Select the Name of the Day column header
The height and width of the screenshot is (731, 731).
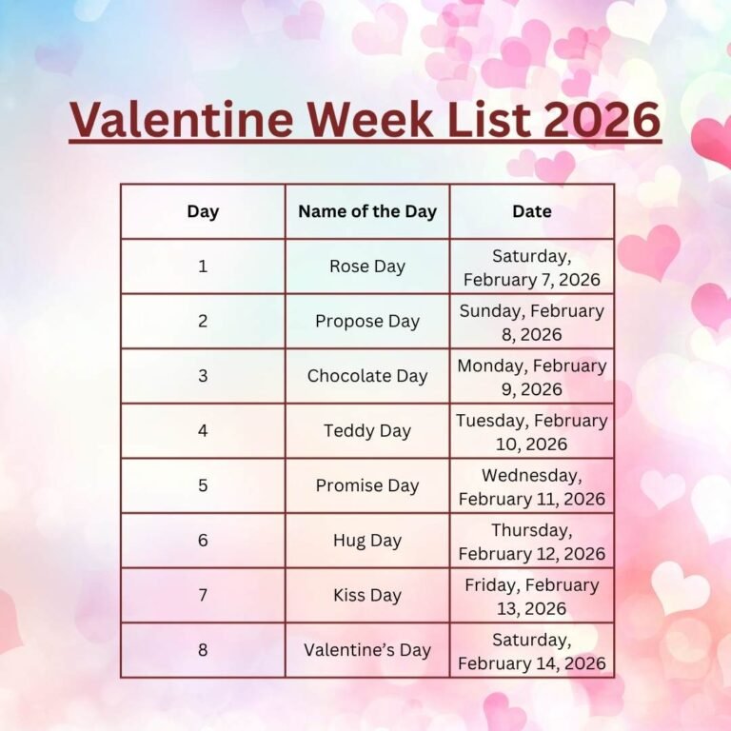(367, 211)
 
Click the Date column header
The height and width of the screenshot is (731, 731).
(532, 211)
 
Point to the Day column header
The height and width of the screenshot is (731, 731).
(203, 211)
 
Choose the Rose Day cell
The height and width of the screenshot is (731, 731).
(367, 267)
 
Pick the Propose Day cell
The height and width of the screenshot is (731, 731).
(367, 322)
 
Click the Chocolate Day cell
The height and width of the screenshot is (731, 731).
(367, 376)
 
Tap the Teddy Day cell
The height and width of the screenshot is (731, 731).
(367, 431)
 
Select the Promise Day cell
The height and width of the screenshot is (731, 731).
(367, 485)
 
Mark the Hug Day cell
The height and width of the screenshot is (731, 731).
(367, 541)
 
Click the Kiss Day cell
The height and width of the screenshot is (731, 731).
(367, 596)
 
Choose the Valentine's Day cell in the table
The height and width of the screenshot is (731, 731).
(367, 650)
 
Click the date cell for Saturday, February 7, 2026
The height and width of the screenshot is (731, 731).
(532, 267)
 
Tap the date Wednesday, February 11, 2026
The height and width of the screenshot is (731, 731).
(532, 486)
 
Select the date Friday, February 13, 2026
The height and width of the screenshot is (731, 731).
(532, 597)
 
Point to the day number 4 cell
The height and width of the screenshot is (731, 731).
(203, 431)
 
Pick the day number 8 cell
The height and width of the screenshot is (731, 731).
(203, 650)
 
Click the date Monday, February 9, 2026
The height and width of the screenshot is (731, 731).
(532, 377)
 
